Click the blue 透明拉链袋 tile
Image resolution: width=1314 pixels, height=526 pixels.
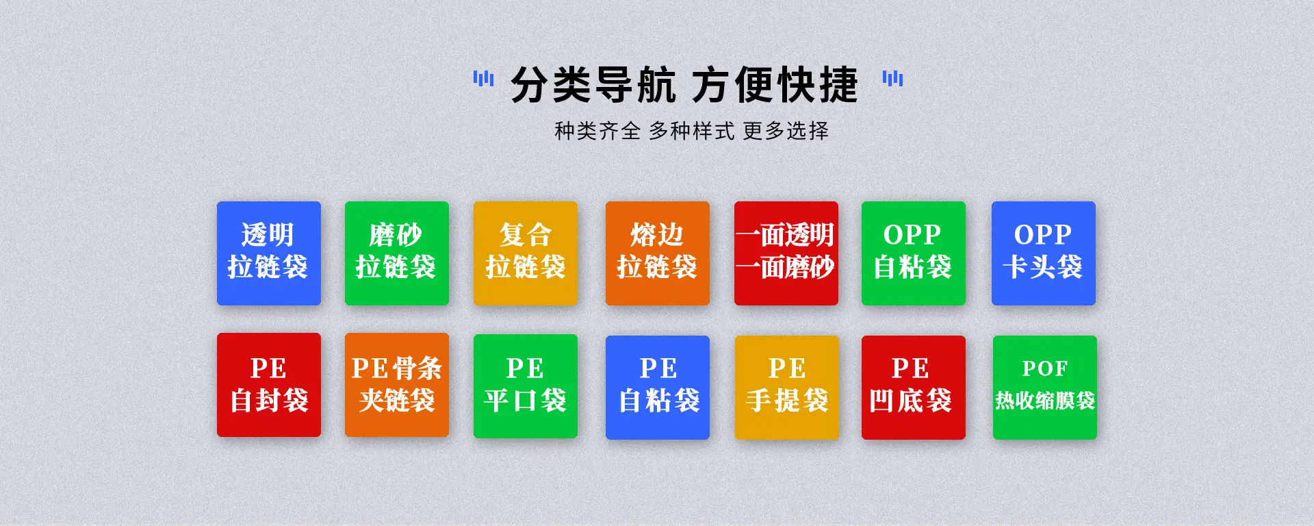click(269, 253)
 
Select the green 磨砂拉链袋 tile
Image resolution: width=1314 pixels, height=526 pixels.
click(397, 253)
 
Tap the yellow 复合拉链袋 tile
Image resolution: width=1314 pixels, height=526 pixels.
click(526, 253)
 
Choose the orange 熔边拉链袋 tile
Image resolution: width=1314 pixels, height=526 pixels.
click(658, 253)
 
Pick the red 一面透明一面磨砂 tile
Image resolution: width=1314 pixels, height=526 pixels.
click(786, 253)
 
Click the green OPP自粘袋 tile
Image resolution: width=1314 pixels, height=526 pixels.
click(914, 253)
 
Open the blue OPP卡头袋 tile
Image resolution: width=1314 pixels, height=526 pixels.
click(1044, 253)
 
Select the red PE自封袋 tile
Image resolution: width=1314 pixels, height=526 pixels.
click(269, 385)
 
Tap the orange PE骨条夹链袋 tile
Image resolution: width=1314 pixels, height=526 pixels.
click(397, 385)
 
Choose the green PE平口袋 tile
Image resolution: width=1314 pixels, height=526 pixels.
click(526, 386)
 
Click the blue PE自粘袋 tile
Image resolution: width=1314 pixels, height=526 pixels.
click(658, 388)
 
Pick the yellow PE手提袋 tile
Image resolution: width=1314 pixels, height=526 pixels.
click(787, 388)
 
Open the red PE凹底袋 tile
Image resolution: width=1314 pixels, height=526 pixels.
click(914, 388)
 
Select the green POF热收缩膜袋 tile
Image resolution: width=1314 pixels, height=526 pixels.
click(1045, 388)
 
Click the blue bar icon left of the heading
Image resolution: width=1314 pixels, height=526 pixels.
click(483, 79)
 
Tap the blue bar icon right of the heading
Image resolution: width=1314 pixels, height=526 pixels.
click(892, 79)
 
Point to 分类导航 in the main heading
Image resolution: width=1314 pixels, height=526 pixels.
click(594, 85)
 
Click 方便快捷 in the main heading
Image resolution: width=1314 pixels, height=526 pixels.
click(775, 85)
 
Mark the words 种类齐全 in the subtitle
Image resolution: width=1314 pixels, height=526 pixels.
click(597, 131)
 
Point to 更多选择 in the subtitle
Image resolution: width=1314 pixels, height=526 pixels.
click(786, 131)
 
